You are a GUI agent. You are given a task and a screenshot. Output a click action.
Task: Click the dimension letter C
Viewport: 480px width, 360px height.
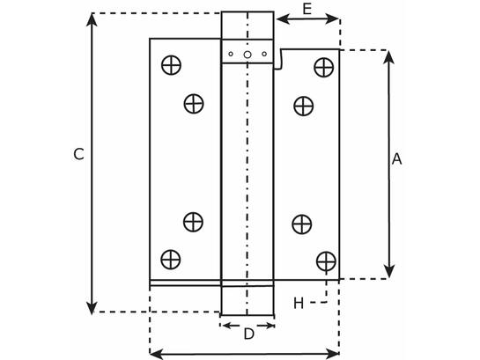click(x=78, y=154)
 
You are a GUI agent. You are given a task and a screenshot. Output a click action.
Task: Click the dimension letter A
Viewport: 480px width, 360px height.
click(x=396, y=159)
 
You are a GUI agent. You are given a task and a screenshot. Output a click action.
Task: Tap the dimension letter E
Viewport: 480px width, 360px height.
click(x=306, y=9)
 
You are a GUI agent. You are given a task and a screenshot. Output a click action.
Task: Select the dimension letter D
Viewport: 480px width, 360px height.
click(x=249, y=334)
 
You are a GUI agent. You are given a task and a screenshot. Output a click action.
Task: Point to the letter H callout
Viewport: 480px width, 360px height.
click(x=299, y=303)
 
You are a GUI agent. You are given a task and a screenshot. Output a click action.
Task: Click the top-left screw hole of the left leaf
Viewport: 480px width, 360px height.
click(x=171, y=65)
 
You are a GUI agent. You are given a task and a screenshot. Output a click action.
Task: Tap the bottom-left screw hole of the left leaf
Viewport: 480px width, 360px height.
click(x=171, y=260)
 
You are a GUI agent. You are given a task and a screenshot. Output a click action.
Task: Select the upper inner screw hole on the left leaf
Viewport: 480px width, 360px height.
click(x=194, y=104)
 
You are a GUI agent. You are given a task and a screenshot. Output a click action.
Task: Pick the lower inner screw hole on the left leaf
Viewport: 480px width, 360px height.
click(x=193, y=222)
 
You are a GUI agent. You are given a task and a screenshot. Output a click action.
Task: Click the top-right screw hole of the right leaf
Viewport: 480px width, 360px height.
click(x=324, y=67)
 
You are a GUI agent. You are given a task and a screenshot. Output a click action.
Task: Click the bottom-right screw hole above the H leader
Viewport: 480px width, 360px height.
click(x=326, y=261)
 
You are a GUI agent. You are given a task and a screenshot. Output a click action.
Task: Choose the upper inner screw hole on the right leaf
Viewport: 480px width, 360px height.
click(x=303, y=106)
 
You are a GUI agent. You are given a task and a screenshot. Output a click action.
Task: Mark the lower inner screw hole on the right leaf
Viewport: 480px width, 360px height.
click(x=302, y=224)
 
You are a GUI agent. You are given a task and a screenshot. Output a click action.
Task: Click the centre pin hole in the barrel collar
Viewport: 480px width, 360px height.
click(x=247, y=55)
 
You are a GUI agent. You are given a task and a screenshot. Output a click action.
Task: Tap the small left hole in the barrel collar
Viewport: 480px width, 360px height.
click(x=231, y=55)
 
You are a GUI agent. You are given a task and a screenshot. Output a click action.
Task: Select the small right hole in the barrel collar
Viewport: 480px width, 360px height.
click(x=264, y=55)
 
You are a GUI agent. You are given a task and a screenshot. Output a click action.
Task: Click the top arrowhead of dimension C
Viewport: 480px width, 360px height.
click(x=92, y=19)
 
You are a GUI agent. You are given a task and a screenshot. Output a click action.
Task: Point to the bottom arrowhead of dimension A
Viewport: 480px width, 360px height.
click(x=388, y=272)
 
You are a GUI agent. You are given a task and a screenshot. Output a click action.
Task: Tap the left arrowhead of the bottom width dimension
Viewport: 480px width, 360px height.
click(x=157, y=354)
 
